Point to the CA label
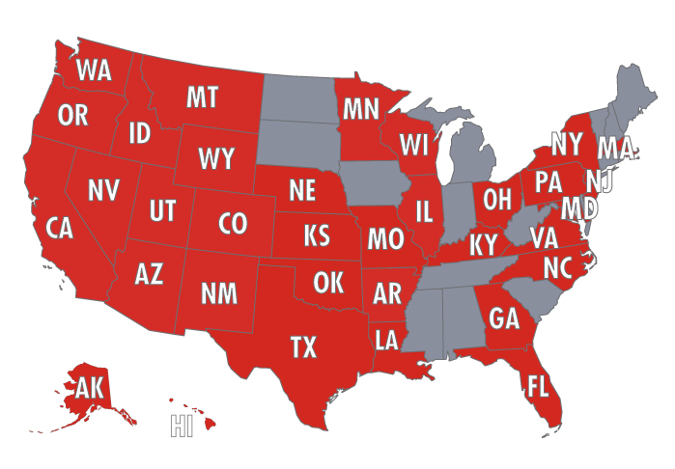[60, 228]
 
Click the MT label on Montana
[202, 97]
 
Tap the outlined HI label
[182, 426]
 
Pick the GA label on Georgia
[504, 317]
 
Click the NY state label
[566, 144]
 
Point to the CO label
[233, 224]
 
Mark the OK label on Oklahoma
[328, 282]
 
